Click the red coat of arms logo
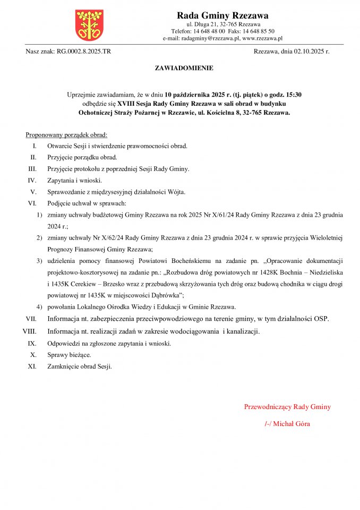[89, 25]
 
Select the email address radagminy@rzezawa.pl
[210, 38]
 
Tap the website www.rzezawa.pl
[262, 38]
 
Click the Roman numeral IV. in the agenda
[32, 180]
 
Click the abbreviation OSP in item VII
[321, 319]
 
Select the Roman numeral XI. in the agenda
[31, 366]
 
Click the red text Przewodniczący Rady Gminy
[287, 407]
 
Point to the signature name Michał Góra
[292, 424]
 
